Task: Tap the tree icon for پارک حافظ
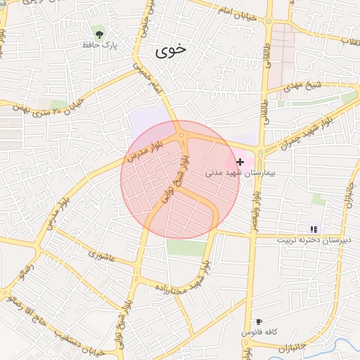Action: coord(98,32)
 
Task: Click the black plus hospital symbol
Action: coord(240,162)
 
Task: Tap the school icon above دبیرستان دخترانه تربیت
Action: coord(313,229)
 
